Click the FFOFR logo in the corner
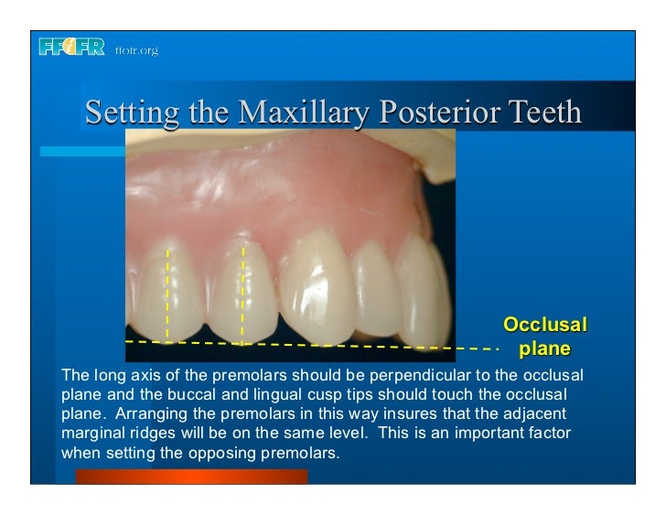72,48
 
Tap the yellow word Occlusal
545,325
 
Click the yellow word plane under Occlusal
545,349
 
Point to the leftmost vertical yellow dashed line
167,293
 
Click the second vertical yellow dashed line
243,293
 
